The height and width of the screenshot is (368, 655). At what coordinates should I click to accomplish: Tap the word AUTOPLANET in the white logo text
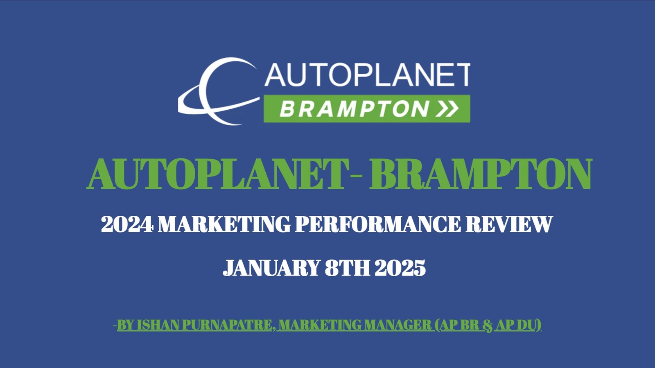click(x=367, y=75)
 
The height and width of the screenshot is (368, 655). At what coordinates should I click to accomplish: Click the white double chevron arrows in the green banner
click(x=447, y=108)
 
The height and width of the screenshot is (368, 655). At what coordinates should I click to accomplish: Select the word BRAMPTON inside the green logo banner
click(x=354, y=109)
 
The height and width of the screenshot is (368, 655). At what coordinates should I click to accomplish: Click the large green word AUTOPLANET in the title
click(x=217, y=174)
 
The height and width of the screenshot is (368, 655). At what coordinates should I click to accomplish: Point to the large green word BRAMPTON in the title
click(x=481, y=174)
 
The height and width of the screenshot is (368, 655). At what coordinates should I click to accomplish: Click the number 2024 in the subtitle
click(x=127, y=224)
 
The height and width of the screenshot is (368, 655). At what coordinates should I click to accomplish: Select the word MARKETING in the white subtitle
click(x=224, y=224)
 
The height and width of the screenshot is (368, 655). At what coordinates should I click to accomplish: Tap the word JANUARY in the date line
click(x=271, y=268)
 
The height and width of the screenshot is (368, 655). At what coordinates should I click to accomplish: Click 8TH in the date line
click(x=348, y=268)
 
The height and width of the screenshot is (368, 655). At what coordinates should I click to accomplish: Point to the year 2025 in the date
click(x=400, y=268)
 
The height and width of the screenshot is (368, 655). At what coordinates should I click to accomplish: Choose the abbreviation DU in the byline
click(x=527, y=325)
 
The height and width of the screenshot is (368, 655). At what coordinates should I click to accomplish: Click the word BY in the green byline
click(x=125, y=325)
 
